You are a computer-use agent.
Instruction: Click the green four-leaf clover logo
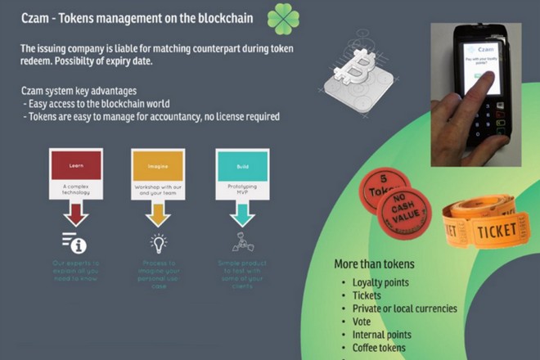[x=283, y=18]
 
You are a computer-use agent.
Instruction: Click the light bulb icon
[x=157, y=243]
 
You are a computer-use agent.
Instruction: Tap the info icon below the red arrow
[x=74, y=243]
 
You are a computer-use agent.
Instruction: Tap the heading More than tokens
[x=374, y=263]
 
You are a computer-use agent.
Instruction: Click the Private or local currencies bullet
[x=404, y=308]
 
